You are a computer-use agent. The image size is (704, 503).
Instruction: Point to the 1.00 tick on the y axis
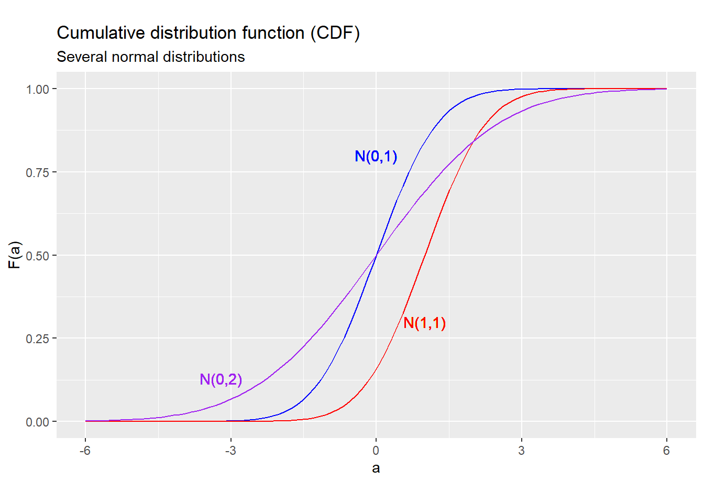(37, 89)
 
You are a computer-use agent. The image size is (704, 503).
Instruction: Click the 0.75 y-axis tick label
(37, 172)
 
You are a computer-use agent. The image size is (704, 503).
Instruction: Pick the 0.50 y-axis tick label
(37, 256)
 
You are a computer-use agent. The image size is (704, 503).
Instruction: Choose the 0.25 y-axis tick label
(37, 338)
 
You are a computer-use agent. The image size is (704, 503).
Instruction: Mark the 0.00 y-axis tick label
(37, 422)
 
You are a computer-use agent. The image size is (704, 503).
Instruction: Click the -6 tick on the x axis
(85, 451)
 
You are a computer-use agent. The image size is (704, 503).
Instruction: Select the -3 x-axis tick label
(230, 451)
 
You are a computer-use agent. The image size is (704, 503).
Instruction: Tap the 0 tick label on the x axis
(376, 451)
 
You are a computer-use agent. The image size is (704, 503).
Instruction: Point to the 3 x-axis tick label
(521, 451)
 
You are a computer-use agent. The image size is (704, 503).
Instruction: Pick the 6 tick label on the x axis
(666, 451)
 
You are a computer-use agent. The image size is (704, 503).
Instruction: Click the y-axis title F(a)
(15, 255)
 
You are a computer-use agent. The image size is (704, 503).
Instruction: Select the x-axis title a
(376, 468)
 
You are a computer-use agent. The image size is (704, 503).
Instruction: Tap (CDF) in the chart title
(335, 33)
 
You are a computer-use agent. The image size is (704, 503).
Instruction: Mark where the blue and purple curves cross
(376, 255)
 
